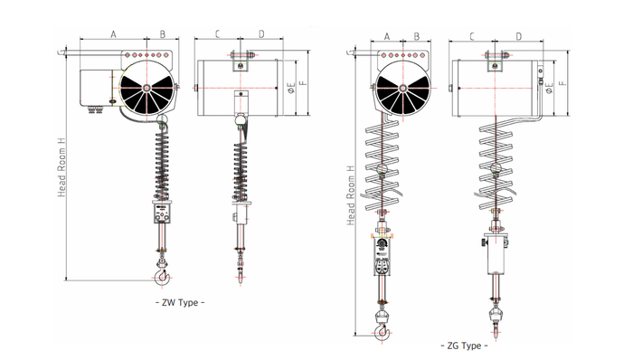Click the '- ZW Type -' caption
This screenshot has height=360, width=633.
tap(180, 302)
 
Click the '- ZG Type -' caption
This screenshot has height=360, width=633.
tap(464, 346)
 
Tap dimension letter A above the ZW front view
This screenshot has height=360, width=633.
tap(113, 34)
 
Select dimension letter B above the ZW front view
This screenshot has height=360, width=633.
tap(162, 34)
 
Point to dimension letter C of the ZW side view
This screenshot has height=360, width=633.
tap(218, 34)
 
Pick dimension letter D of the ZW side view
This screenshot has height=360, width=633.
tap(261, 34)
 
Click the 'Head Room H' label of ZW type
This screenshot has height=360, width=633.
tap(61, 167)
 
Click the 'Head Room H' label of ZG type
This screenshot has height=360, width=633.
tap(352, 195)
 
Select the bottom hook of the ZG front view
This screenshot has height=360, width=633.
tap(382, 330)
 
